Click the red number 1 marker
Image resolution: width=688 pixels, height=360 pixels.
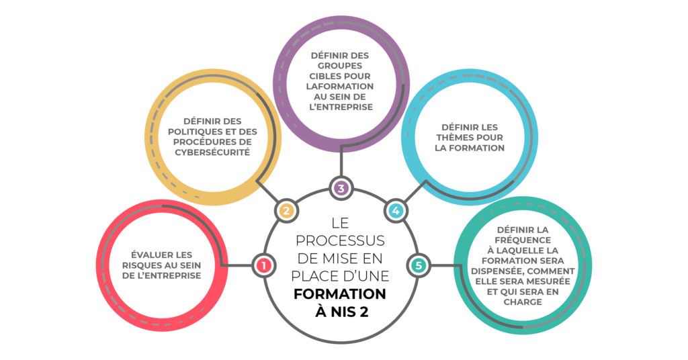click(x=263, y=266)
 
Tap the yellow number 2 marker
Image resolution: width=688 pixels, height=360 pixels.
click(x=286, y=211)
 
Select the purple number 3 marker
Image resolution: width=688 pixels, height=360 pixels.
click(x=341, y=188)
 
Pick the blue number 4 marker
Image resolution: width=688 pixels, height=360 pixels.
click(x=396, y=211)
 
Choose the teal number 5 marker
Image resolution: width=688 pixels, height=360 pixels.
click(x=419, y=266)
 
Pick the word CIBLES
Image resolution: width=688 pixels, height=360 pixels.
click(x=327, y=76)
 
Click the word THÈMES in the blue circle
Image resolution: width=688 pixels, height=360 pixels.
click(x=458, y=138)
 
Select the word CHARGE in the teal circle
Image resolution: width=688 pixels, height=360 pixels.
click(x=522, y=302)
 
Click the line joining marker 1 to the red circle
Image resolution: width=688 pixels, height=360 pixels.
click(x=239, y=266)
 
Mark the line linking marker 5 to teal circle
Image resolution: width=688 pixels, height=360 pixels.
click(x=443, y=266)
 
